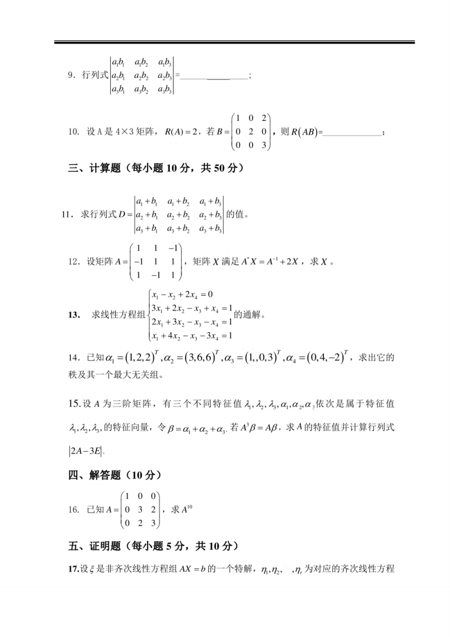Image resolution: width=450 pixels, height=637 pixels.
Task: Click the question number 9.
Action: point(71,75)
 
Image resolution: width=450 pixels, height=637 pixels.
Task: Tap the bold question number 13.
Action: point(73,315)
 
